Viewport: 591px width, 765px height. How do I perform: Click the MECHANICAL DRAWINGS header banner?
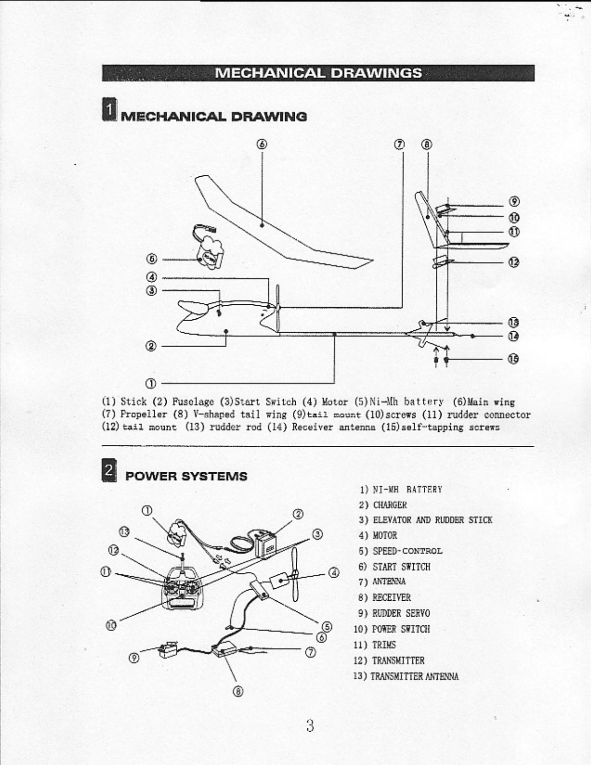pos(318,73)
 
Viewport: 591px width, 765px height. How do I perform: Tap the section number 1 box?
pos(110,109)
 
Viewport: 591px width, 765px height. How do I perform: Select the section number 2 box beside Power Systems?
pos(110,469)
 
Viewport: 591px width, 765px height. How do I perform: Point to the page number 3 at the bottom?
pos(310,725)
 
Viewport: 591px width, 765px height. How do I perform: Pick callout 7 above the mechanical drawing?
pos(399,144)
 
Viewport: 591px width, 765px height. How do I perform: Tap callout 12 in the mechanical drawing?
pos(514,262)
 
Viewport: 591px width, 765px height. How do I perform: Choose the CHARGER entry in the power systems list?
pos(389,505)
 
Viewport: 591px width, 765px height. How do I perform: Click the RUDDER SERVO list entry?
pos(401,613)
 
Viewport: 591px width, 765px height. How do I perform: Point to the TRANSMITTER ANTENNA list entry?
pos(414,676)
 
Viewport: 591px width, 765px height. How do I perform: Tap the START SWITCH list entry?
pos(401,567)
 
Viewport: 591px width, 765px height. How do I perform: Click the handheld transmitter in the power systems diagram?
pos(183,589)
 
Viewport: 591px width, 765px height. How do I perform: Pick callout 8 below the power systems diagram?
pos(238,691)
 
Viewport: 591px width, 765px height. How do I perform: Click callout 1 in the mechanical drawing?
pos(151,383)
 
